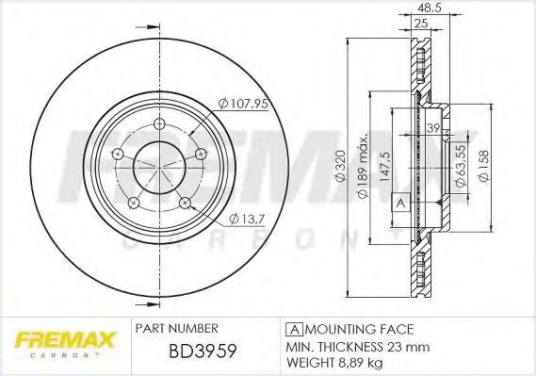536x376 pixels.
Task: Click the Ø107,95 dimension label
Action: (x=243, y=103)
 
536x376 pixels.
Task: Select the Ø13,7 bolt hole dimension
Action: (x=248, y=219)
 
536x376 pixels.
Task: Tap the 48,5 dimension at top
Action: (x=430, y=8)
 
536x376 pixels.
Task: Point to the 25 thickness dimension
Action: (x=421, y=24)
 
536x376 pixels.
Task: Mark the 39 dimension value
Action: (x=433, y=128)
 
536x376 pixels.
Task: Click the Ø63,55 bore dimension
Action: (x=461, y=166)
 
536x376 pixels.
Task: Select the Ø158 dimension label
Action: (x=484, y=166)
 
